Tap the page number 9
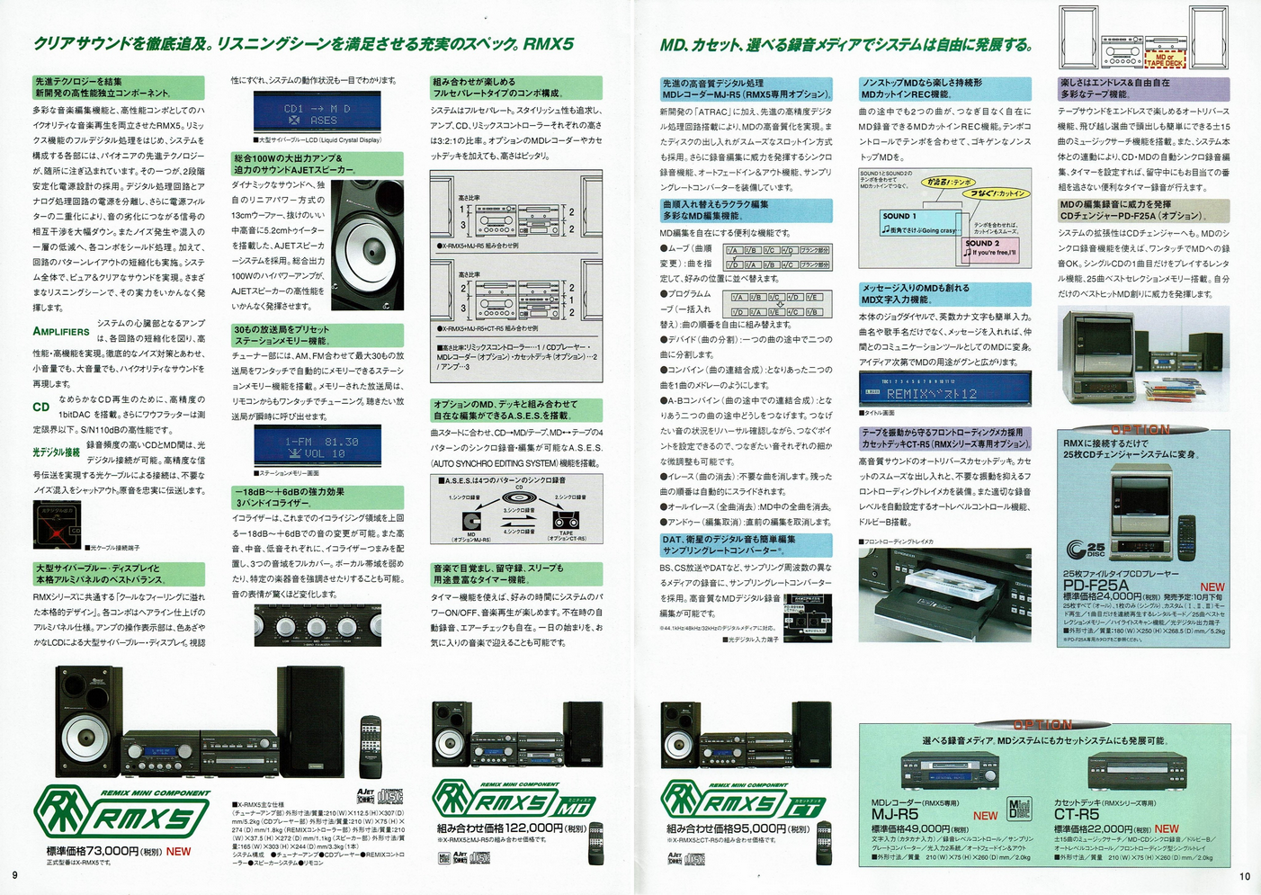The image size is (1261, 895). tap(14, 875)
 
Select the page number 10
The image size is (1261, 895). tap(1245, 876)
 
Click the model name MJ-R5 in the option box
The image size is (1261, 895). tap(895, 814)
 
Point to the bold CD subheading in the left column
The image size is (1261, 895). tap(41, 407)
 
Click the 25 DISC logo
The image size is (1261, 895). tap(1085, 549)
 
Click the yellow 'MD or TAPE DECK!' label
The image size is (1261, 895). tap(1165, 59)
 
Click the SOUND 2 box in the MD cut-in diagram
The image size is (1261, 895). tap(989, 247)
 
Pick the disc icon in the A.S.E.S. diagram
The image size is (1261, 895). tap(519, 497)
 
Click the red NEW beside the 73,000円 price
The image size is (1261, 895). tap(178, 851)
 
